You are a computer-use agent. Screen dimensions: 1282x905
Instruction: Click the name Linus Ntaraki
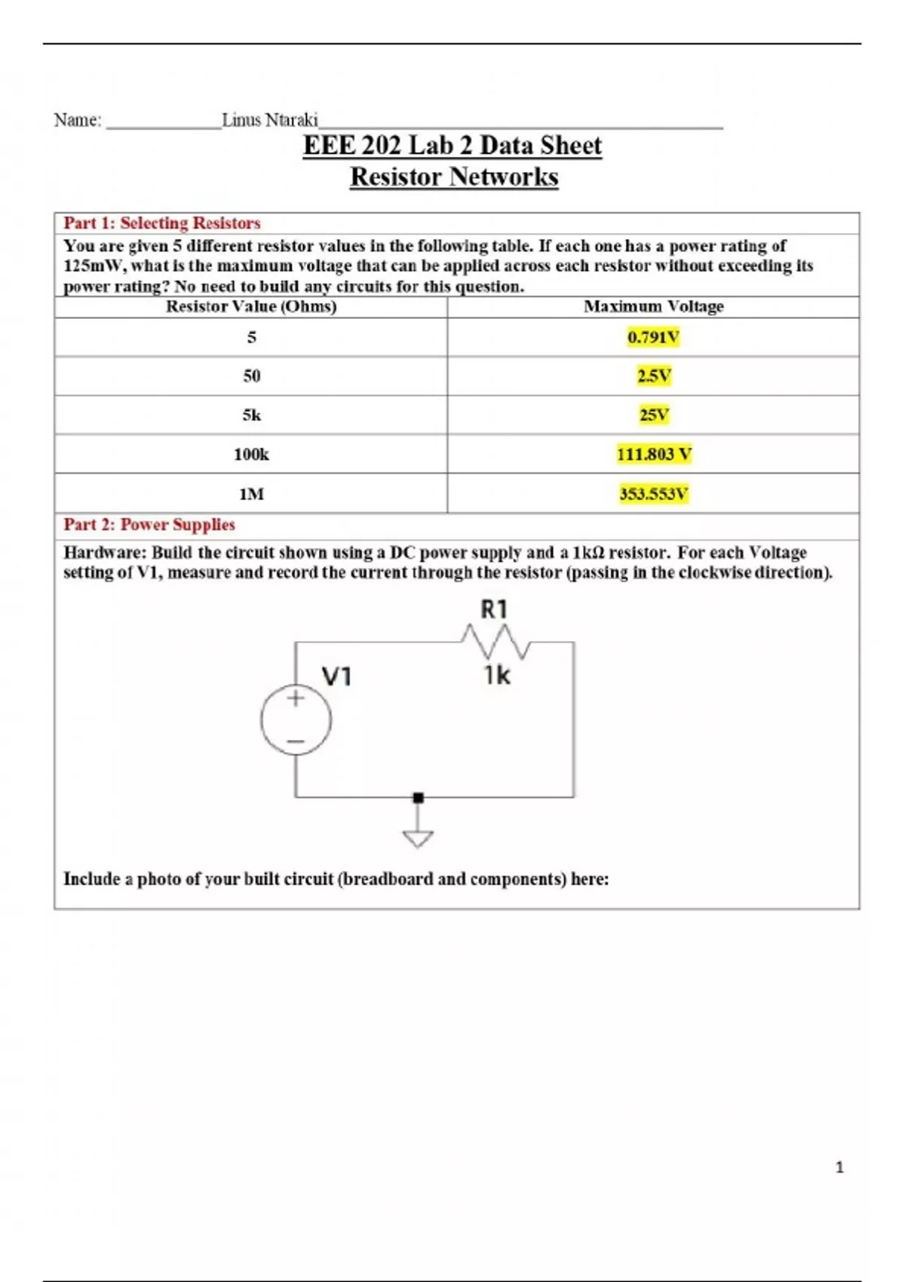pyautogui.click(x=270, y=120)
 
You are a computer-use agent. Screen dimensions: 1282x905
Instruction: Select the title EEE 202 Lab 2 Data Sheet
pyautogui.click(x=452, y=146)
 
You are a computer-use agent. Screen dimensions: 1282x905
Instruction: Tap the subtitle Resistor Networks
pyautogui.click(x=454, y=177)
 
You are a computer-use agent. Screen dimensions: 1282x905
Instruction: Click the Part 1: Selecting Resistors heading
pyautogui.click(x=162, y=223)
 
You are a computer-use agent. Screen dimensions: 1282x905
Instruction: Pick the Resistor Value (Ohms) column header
pyautogui.click(x=251, y=306)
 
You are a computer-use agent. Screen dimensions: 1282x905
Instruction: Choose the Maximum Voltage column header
pyautogui.click(x=653, y=306)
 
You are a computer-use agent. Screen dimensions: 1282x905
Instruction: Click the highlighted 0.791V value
pyautogui.click(x=653, y=337)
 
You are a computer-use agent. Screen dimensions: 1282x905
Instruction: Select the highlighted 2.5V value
pyautogui.click(x=653, y=376)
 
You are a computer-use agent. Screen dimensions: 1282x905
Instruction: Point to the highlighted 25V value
pyautogui.click(x=653, y=415)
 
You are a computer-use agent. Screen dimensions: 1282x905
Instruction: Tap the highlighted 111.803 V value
pyautogui.click(x=653, y=454)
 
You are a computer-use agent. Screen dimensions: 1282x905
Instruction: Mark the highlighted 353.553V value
pyautogui.click(x=653, y=494)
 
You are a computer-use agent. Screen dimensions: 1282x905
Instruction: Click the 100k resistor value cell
pyautogui.click(x=251, y=454)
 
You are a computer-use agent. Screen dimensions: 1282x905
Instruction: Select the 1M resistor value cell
pyautogui.click(x=251, y=494)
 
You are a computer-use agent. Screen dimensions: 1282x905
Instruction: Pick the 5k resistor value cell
pyautogui.click(x=251, y=415)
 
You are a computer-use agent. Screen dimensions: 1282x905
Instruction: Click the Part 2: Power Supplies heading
pyautogui.click(x=149, y=525)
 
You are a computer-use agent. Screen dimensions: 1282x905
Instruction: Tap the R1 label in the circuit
pyautogui.click(x=494, y=609)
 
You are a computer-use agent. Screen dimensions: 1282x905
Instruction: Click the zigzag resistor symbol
pyautogui.click(x=495, y=642)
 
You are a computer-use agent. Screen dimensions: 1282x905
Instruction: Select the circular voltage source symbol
pyautogui.click(x=296, y=720)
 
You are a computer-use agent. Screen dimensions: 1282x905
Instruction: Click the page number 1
pyautogui.click(x=839, y=1167)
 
